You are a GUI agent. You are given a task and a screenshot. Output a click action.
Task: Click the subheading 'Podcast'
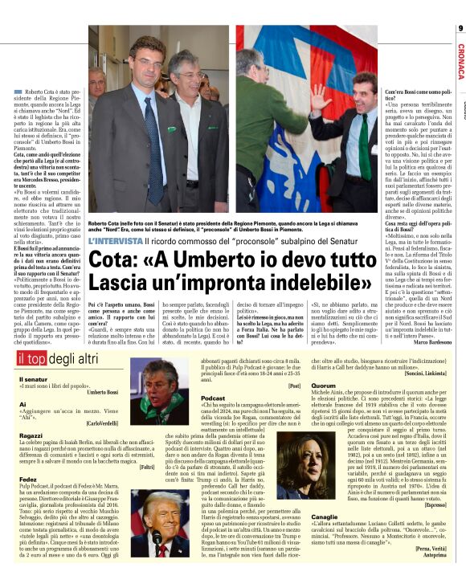[212, 398]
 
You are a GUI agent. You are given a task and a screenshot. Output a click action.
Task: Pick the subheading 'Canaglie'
[325, 516]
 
